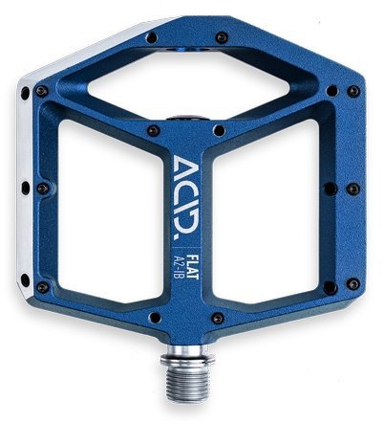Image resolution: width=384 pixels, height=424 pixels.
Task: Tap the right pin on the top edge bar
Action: coord(221,37)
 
